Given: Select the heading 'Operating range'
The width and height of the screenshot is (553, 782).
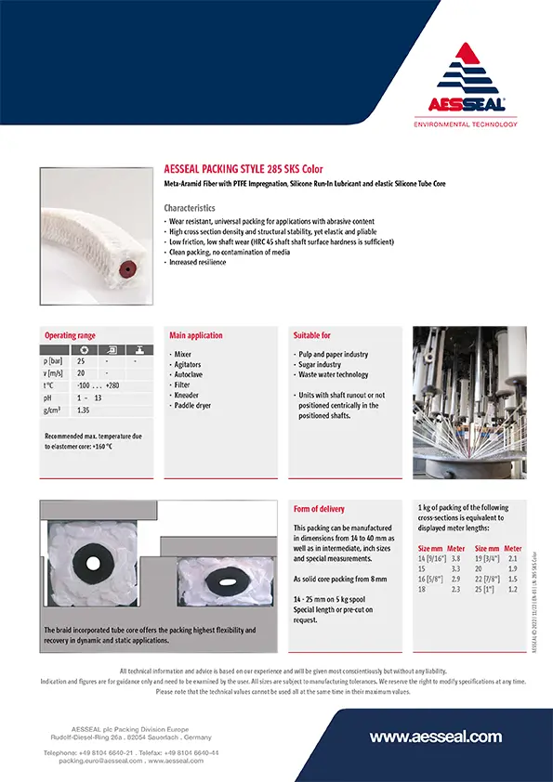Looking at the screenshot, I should (70, 335).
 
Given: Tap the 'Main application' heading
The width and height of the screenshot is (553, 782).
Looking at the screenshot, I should (195, 335).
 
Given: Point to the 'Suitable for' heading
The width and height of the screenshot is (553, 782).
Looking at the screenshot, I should (312, 335).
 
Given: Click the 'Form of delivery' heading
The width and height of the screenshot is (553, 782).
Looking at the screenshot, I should (319, 509).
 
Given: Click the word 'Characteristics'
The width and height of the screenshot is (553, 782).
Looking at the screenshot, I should (190, 208).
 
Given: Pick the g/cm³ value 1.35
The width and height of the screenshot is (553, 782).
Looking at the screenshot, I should (84, 410).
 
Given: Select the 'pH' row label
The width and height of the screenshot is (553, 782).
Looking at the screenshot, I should (48, 397).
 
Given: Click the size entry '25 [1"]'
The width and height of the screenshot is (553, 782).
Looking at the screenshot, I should (485, 589).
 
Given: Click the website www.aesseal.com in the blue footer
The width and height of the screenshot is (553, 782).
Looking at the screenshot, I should (435, 736).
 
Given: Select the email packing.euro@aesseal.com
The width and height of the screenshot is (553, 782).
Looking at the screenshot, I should (94, 760).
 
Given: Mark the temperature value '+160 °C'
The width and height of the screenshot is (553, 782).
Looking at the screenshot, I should (96, 446).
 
